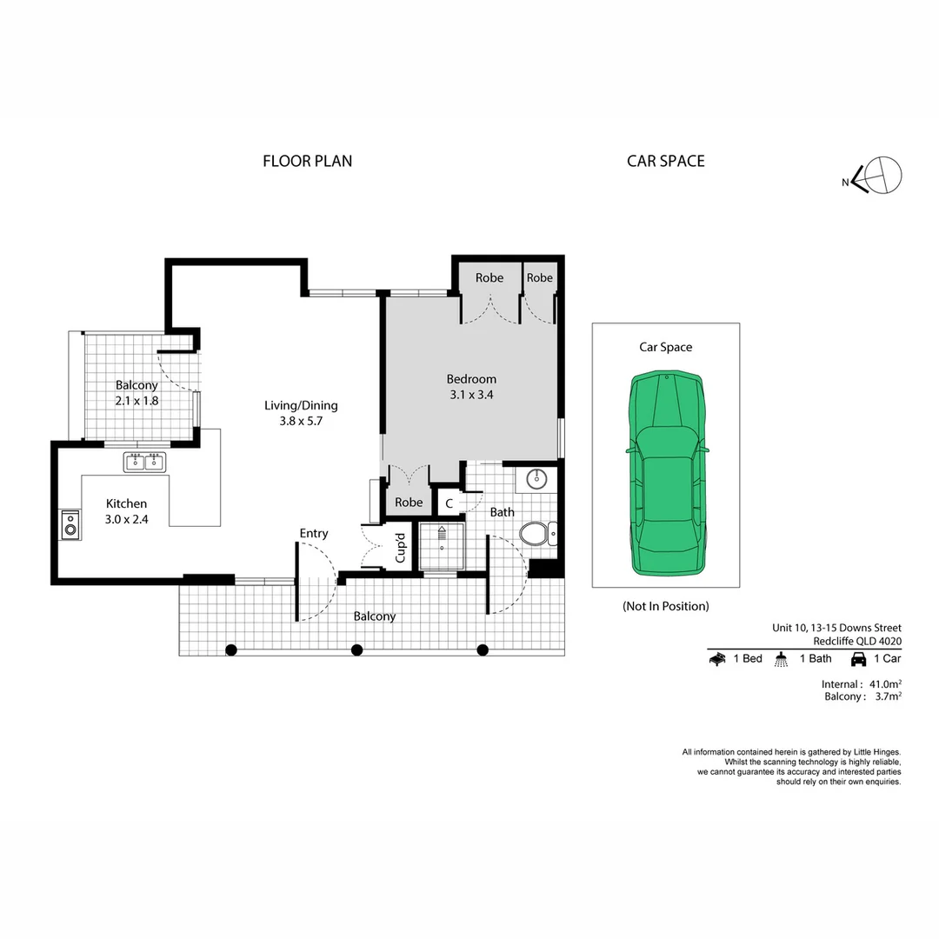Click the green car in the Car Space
tap(666, 474)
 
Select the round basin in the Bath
tap(536, 477)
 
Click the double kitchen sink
tap(144, 461)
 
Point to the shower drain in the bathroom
tap(442, 548)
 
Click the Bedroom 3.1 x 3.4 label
tap(471, 386)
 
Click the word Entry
tap(314, 533)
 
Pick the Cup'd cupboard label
tap(400, 548)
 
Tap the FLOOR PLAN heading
tap(308, 161)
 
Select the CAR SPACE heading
tap(666, 161)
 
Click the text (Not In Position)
tap(666, 606)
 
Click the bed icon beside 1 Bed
tap(717, 658)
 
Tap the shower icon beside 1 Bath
tap(782, 658)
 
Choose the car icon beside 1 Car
tap(859, 658)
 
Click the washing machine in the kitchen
tap(70, 525)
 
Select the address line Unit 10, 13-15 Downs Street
tap(836, 628)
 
